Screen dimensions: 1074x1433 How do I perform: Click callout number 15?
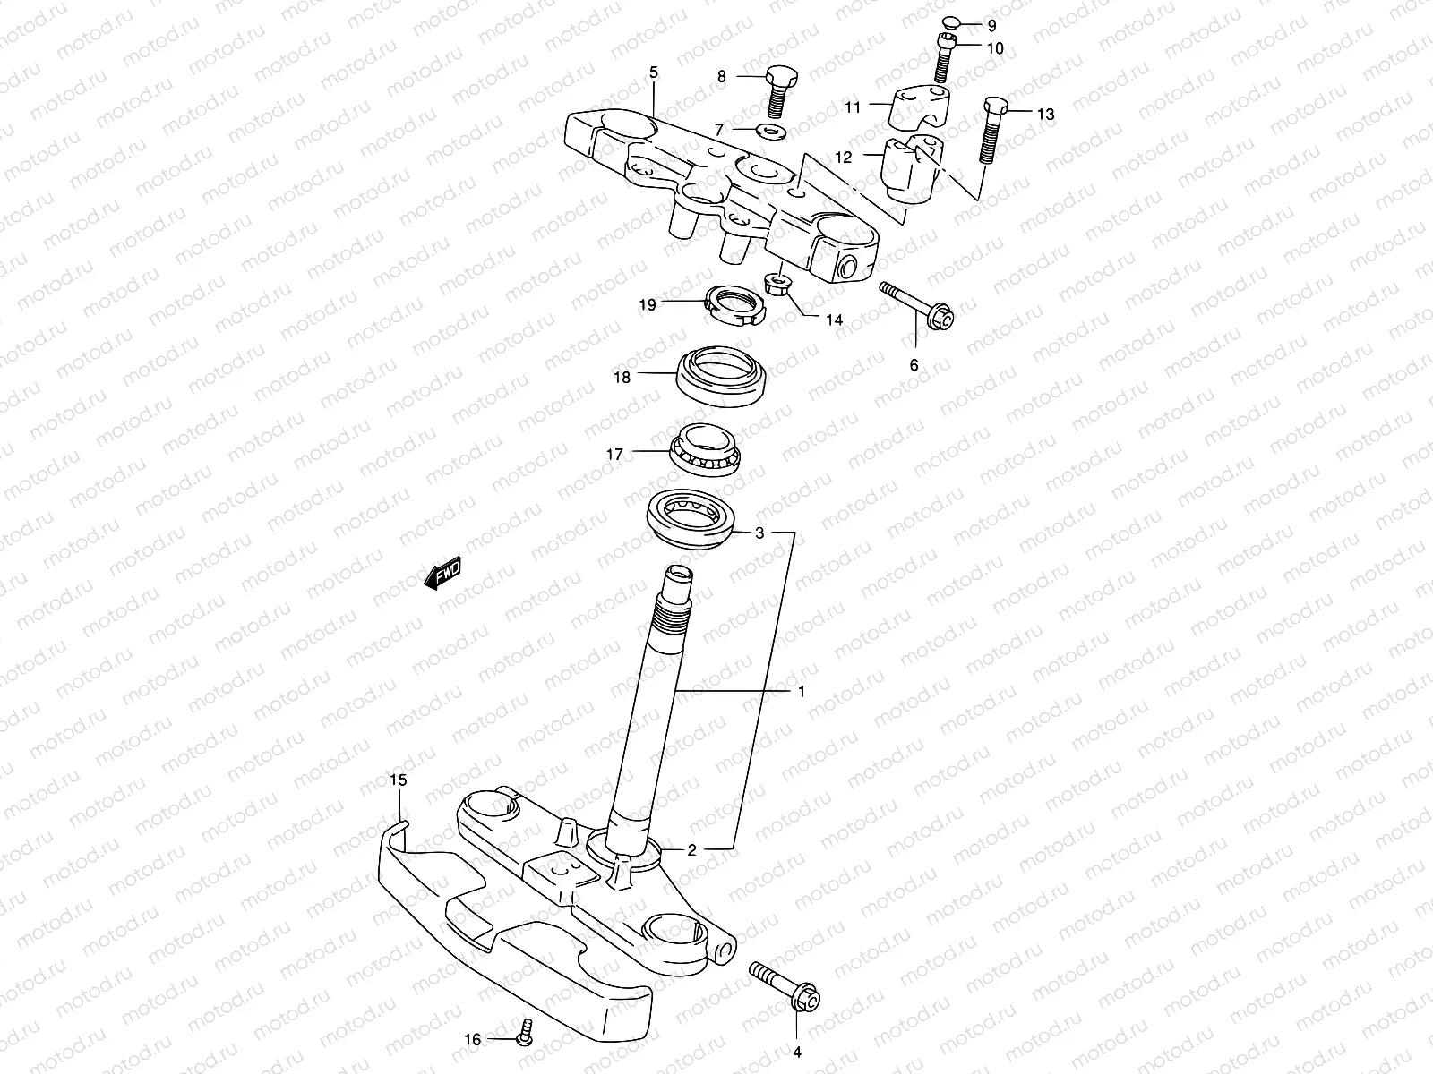pos(399,780)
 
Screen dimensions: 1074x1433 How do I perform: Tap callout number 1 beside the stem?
pos(802,692)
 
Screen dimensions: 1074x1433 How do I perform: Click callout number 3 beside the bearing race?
pos(759,533)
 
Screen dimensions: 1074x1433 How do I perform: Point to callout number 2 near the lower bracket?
pos(691,849)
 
